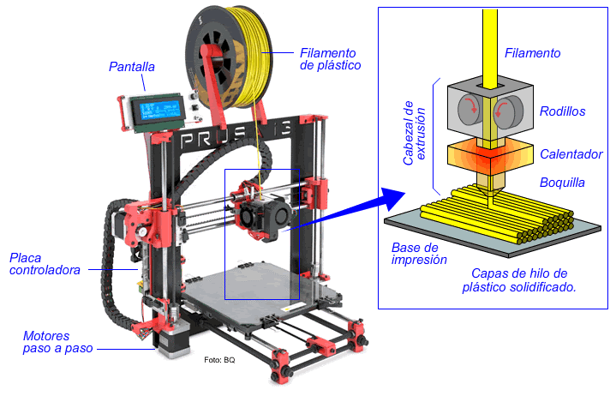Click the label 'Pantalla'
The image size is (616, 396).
[x=132, y=67]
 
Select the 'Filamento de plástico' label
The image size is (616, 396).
[x=330, y=58]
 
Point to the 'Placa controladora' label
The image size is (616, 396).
[x=45, y=264]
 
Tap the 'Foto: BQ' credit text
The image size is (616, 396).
[x=219, y=360]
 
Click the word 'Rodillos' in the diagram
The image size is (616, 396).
[x=562, y=111]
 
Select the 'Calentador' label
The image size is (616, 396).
[x=571, y=154]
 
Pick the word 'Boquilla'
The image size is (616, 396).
[x=562, y=183]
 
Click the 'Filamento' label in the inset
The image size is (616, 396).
[x=532, y=53]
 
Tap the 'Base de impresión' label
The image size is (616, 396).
[x=414, y=254]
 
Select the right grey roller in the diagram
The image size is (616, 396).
[x=505, y=110]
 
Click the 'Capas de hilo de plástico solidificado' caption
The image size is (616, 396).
[x=518, y=280]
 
